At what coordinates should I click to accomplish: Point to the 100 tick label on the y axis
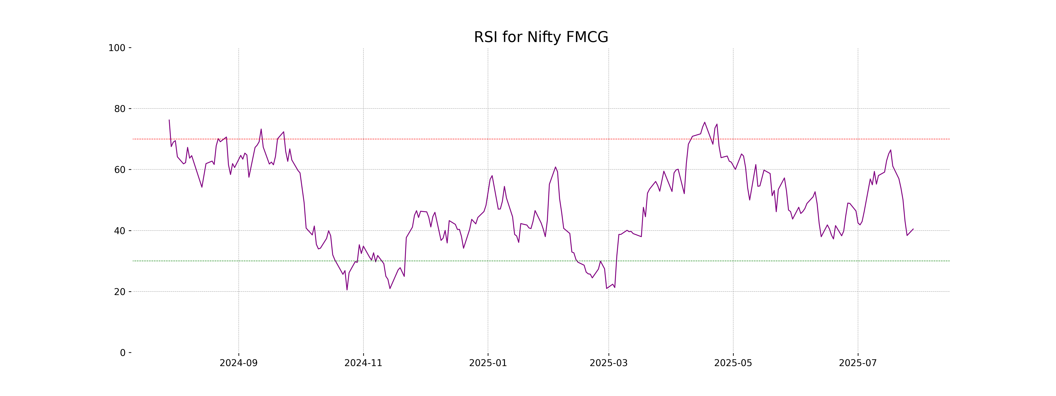pos(117,48)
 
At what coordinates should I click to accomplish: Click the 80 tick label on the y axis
pos(120,109)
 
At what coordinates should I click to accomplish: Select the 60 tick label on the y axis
pos(120,170)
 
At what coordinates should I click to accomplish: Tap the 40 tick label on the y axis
pos(120,231)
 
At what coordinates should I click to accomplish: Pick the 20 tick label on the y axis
pos(120,292)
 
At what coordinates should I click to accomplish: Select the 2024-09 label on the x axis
pos(238,363)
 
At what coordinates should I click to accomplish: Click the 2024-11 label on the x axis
pos(363,363)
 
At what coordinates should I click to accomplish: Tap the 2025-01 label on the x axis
pos(488,363)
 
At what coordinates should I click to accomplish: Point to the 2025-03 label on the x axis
pos(608,363)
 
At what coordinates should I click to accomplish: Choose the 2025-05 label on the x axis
pos(733,363)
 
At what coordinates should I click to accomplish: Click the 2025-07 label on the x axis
pos(858,363)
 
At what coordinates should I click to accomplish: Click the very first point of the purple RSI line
pos(169,120)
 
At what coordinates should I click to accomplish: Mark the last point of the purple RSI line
pos(913,229)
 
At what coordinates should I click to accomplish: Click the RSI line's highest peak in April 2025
pos(705,122)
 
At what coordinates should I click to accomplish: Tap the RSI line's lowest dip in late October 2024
pos(347,290)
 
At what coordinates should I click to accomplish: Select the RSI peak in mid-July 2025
pos(890,150)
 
